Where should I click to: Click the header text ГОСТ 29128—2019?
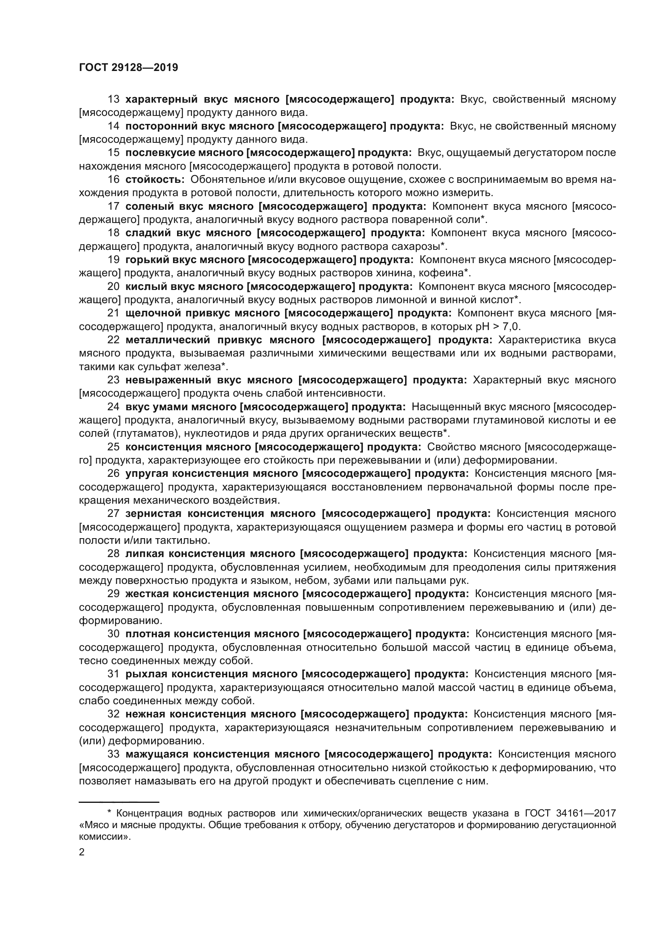128,67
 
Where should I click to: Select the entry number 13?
113,99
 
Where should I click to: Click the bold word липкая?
145,553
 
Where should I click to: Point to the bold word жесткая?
147,594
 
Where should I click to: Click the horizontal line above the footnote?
118,802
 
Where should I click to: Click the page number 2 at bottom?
82,852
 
